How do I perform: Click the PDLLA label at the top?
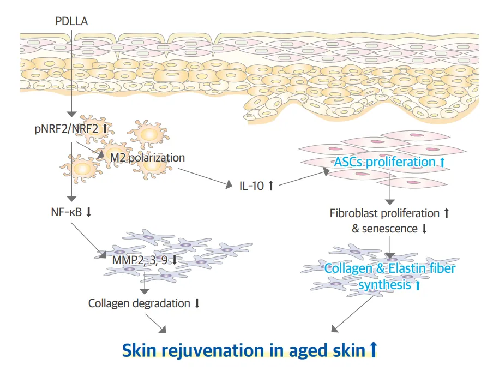pyautogui.click(x=71, y=21)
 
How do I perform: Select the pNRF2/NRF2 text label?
pyautogui.click(x=67, y=129)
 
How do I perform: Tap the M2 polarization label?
pyautogui.click(x=147, y=158)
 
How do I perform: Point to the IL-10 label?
pyautogui.click(x=252, y=186)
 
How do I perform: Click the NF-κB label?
pyautogui.click(x=67, y=212)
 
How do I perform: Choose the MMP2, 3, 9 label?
pyautogui.click(x=140, y=260)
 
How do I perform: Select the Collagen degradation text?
pyautogui.click(x=139, y=303)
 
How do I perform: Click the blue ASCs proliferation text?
pyautogui.click(x=384, y=163)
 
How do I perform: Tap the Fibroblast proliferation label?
pyautogui.click(x=384, y=213)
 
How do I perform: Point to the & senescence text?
pyautogui.click(x=384, y=229)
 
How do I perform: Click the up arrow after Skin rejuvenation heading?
pyautogui.click(x=373, y=349)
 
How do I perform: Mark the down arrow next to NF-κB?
pyautogui.click(x=89, y=212)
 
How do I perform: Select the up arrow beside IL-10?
pyautogui.click(x=271, y=186)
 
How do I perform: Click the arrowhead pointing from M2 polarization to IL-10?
pyautogui.click(x=229, y=184)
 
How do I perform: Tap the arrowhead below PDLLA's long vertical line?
pyautogui.click(x=71, y=114)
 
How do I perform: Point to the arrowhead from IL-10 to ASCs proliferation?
pyautogui.click(x=326, y=172)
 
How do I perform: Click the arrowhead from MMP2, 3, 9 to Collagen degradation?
pyautogui.click(x=145, y=291)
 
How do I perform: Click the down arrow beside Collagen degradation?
pyautogui.click(x=197, y=303)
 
